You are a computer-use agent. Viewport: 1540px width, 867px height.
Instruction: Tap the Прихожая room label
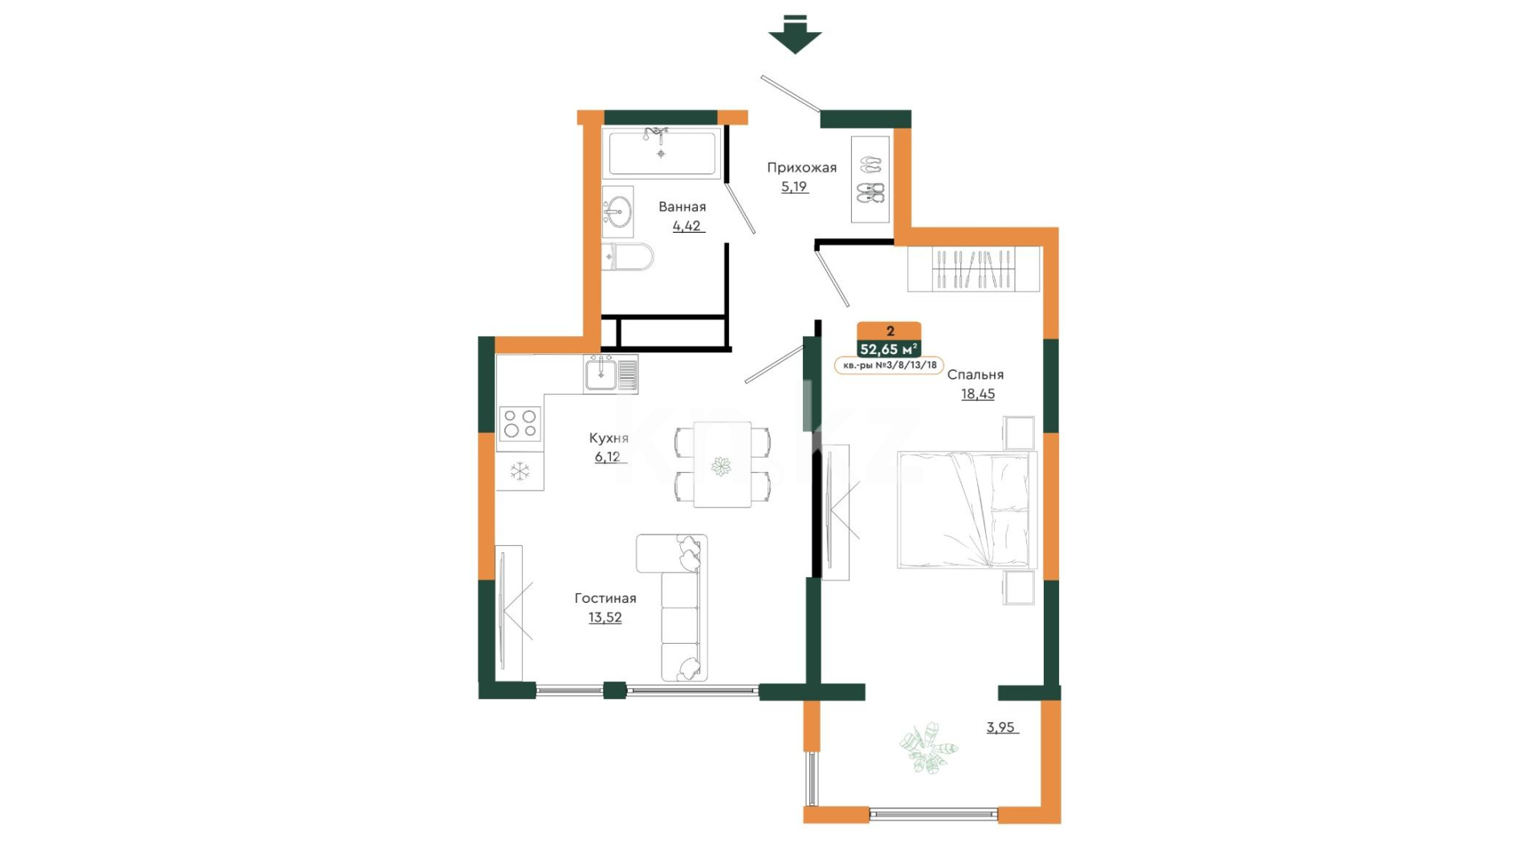(801, 168)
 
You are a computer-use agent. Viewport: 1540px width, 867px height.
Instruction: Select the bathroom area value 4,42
(687, 226)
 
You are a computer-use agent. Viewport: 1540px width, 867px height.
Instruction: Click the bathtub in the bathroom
(662, 153)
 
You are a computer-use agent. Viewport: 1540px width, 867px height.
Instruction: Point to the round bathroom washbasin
(617, 212)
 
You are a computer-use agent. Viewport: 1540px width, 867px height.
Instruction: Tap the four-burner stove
(520, 424)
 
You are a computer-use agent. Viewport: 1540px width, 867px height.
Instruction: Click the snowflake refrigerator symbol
(520, 471)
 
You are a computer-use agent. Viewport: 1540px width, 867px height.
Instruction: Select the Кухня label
(609, 438)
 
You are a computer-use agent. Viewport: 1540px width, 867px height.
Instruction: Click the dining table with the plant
(723, 465)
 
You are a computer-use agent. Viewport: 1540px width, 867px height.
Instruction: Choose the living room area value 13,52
(605, 617)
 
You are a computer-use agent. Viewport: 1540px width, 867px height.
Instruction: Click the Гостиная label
(605, 598)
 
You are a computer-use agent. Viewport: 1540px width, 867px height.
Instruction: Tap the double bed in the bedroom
(968, 510)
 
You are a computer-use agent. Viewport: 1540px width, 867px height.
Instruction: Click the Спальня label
(976, 375)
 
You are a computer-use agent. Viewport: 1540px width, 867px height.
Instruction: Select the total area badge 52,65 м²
(889, 349)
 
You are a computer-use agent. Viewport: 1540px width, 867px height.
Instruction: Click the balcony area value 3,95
(1000, 727)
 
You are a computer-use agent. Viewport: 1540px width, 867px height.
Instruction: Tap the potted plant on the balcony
(929, 747)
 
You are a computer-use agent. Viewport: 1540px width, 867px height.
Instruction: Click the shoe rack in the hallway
(870, 179)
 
